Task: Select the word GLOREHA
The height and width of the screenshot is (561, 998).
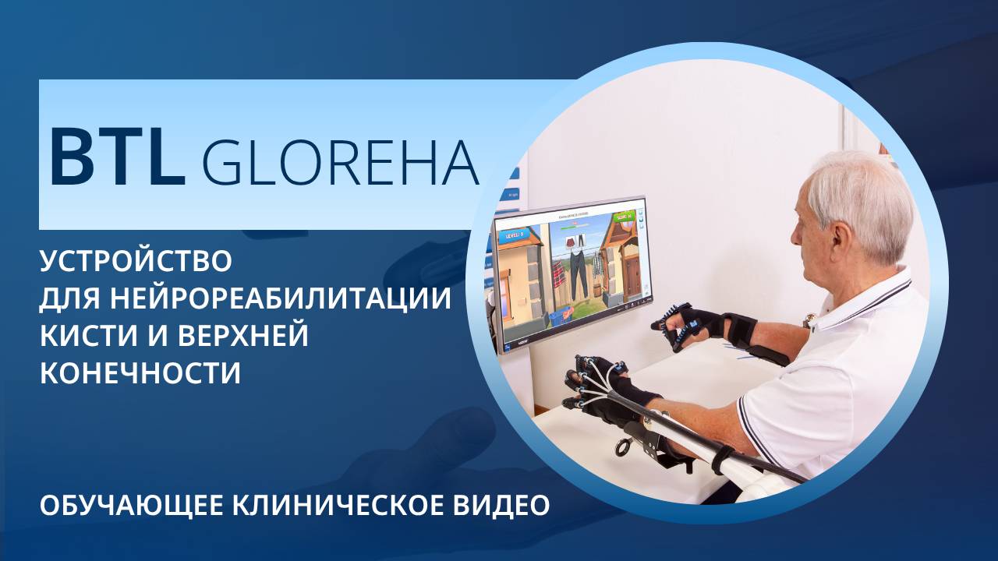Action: click(340, 162)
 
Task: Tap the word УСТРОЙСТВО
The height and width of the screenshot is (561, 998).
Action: click(136, 260)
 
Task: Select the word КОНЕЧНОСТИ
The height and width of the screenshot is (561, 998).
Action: click(140, 373)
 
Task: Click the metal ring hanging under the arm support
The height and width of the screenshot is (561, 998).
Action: click(623, 447)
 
